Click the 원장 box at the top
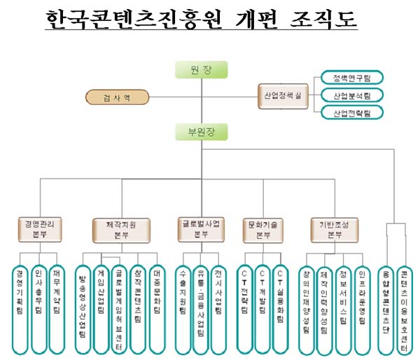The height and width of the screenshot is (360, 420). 200,69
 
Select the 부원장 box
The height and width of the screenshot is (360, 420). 200,131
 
